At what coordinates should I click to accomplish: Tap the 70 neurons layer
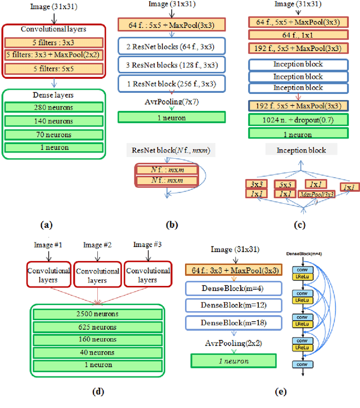[x=54, y=135]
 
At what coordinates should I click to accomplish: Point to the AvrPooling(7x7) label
[x=170, y=102]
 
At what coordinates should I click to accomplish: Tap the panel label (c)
[x=300, y=225]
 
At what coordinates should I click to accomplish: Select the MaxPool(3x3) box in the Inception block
[x=316, y=194]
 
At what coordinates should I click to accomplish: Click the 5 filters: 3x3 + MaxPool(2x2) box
[x=54, y=55]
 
